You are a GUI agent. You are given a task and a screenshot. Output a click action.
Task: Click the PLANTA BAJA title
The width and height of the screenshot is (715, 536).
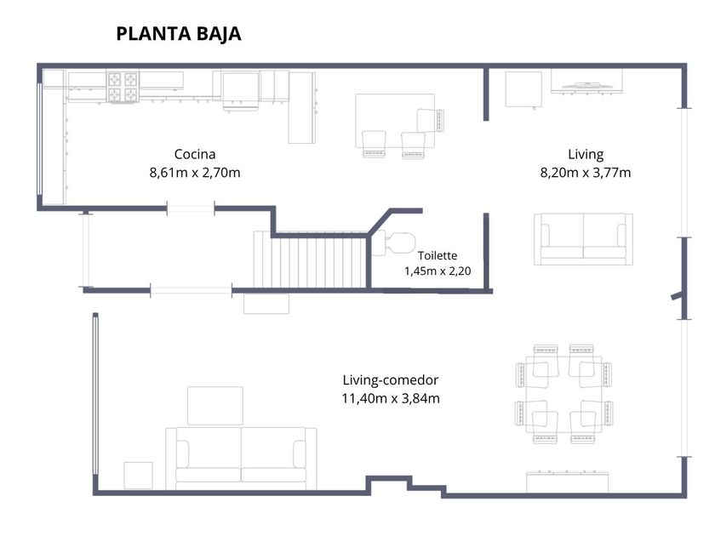point(178,34)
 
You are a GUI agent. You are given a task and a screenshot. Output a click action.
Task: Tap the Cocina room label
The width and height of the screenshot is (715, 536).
point(195,154)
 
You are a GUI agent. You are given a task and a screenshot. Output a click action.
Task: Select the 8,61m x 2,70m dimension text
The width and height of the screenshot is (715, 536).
point(195,173)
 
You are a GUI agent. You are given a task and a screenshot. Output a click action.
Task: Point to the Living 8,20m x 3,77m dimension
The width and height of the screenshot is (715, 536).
point(586,173)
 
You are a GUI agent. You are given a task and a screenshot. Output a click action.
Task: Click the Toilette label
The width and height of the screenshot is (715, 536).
point(438,255)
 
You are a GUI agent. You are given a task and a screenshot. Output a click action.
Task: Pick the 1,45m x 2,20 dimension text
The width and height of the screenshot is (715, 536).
point(438,271)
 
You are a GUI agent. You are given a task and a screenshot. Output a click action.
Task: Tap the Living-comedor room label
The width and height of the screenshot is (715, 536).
point(391,379)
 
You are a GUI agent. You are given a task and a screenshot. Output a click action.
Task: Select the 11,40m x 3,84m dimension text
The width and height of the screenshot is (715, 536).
point(391,398)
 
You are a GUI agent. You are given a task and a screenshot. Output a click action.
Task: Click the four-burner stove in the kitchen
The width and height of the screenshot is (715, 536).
point(123,86)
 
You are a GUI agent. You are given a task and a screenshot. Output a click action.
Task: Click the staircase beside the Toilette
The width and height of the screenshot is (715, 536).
point(311,259)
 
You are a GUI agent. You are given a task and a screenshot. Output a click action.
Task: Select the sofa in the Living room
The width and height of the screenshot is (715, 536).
point(583,239)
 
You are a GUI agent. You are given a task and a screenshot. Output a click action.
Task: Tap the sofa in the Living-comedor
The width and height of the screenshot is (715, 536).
point(241,459)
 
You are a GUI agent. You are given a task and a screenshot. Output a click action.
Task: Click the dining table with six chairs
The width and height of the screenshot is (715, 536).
point(563,394)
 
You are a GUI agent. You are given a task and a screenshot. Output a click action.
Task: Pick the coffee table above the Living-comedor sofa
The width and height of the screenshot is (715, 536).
point(215,406)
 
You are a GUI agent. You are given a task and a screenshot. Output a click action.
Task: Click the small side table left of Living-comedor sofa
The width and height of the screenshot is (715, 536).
point(138,476)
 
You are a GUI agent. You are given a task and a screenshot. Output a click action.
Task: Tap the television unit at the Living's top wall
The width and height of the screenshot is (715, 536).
point(586,82)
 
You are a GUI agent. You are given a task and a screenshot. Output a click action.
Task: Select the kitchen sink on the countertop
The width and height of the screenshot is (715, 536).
point(241,91)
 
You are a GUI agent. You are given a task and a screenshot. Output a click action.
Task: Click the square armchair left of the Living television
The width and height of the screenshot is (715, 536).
point(523,90)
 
